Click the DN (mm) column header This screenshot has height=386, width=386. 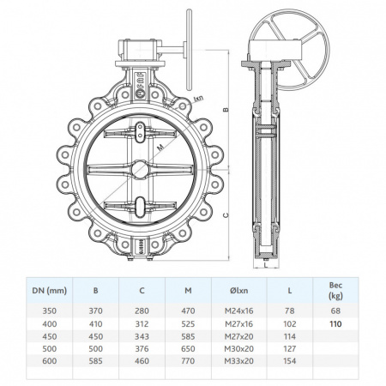tap(49, 291)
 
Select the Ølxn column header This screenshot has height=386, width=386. tap(239, 291)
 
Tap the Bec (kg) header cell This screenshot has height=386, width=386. tap(335, 290)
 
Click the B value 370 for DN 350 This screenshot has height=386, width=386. tap(95, 311)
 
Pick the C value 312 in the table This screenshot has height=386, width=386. tap(142, 324)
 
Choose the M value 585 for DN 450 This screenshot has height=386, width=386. tap(188, 336)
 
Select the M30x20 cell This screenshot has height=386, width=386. tap(239, 349)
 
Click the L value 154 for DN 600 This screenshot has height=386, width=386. tap(290, 361)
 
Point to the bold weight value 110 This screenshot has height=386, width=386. tap(335, 324)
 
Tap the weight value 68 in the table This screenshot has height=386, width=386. tap(335, 311)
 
